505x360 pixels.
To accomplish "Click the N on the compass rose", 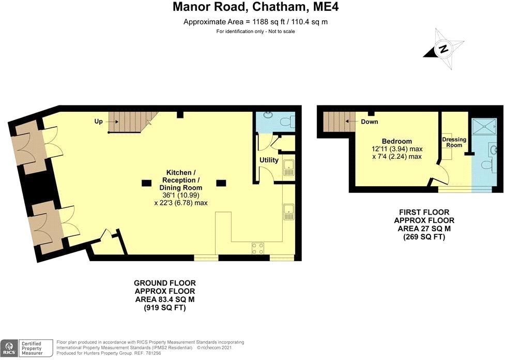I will [443, 50].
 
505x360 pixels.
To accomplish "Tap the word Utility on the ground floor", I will [269, 160].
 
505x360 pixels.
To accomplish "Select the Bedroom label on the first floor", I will [397, 141].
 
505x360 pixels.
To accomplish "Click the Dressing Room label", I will [454, 142].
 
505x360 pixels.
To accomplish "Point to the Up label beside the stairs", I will [98, 122].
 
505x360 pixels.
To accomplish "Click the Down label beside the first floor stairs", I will [370, 122].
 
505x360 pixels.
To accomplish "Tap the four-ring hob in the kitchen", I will [257, 248].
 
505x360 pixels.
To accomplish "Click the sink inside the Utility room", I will [288, 168].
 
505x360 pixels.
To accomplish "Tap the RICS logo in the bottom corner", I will [9, 348].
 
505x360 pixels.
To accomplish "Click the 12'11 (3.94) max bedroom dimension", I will [397, 149].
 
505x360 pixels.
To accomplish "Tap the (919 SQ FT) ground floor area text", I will [164, 308].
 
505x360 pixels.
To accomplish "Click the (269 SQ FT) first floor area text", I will [424, 237].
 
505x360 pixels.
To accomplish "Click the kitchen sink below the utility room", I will [288, 212].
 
